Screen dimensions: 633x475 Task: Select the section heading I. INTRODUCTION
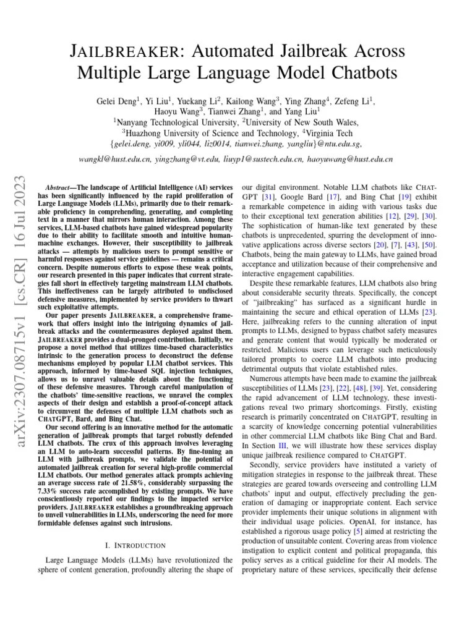pyautogui.click(x=136, y=545)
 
